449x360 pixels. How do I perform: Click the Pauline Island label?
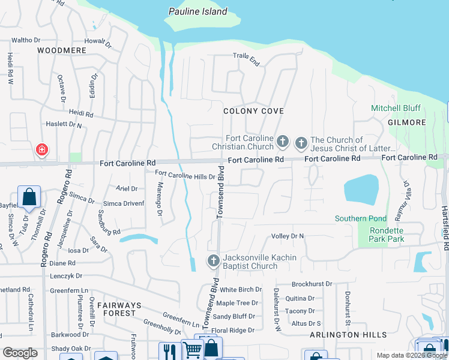click(198, 11)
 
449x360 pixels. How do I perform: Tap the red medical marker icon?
click(42, 149)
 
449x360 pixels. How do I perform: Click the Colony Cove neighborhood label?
click(253, 111)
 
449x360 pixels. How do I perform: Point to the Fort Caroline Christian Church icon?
click(283, 143)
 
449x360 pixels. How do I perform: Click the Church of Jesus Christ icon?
click(301, 143)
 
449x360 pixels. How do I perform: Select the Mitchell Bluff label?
click(396, 109)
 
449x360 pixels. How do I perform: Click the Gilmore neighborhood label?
click(406, 122)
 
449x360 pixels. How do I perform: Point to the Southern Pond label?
click(361, 218)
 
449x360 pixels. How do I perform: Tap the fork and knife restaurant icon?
click(169, 350)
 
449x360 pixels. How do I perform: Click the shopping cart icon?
click(191, 350)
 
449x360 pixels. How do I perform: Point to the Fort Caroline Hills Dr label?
click(185, 176)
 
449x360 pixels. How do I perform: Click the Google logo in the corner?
click(20, 353)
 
